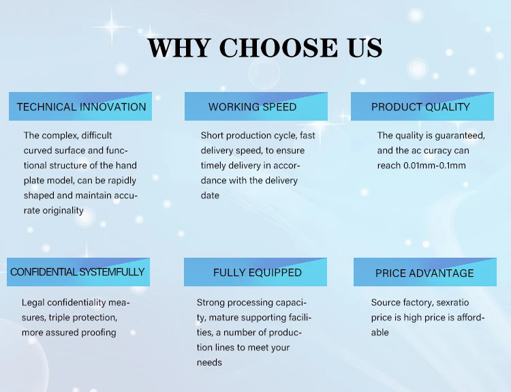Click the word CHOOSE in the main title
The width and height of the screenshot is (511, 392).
pyautogui.click(x=278, y=48)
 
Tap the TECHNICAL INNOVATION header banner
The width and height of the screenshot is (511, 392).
pyautogui.click(x=80, y=106)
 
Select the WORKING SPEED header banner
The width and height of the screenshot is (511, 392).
pyautogui.click(x=256, y=106)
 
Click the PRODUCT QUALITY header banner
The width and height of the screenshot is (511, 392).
pyautogui.click(x=422, y=106)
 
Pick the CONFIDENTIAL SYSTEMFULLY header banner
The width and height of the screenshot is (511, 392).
pyautogui.click(x=78, y=272)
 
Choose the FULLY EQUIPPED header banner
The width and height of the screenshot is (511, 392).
pyautogui.click(x=255, y=272)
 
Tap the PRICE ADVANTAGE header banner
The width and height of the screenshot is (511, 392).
pyautogui.click(x=425, y=272)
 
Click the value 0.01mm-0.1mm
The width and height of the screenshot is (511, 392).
pyautogui.click(x=435, y=166)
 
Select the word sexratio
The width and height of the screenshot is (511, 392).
pyautogui.click(x=452, y=303)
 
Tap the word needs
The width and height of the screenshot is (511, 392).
pyautogui.click(x=209, y=363)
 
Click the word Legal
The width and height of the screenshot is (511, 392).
pyautogui.click(x=33, y=303)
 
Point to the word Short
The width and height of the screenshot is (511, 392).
pyautogui.click(x=212, y=136)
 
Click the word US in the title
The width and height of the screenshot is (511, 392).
pyautogui.click(x=365, y=48)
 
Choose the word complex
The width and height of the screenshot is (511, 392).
pyautogui.click(x=60, y=136)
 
